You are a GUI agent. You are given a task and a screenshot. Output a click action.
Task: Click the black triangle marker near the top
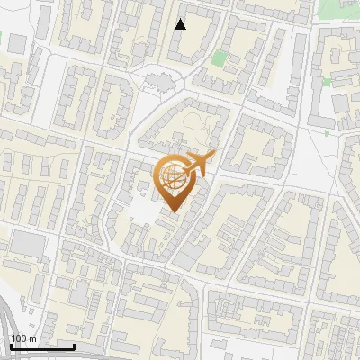click(181, 24)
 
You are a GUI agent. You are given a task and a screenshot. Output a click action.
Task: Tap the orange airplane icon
click(200, 165)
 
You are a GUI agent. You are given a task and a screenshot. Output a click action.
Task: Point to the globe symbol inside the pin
click(173, 175)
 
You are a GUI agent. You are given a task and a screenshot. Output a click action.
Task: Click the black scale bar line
click(41, 346)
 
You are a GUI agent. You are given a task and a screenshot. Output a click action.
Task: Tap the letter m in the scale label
click(32, 338)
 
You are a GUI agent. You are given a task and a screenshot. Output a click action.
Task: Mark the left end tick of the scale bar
click(9, 346)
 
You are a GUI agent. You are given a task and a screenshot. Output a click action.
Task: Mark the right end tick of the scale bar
click(74, 346)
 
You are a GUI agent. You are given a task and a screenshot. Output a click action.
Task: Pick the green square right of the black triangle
click(219, 58)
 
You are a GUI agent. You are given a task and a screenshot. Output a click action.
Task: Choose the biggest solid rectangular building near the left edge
click(27, 244)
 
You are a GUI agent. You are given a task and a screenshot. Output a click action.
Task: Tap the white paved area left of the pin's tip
click(144, 212)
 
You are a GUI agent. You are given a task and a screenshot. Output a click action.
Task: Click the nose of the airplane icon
click(214, 157)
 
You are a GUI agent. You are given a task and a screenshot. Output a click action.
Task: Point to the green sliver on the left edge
click(2, 40)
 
